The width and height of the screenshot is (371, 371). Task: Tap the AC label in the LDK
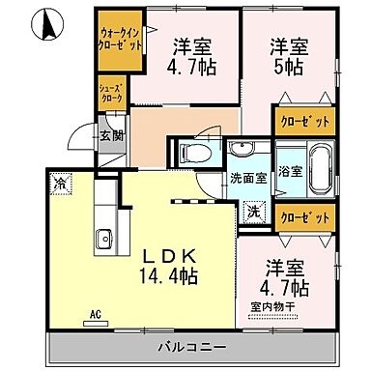point(96,314)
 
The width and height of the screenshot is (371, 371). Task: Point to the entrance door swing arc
point(86,142)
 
